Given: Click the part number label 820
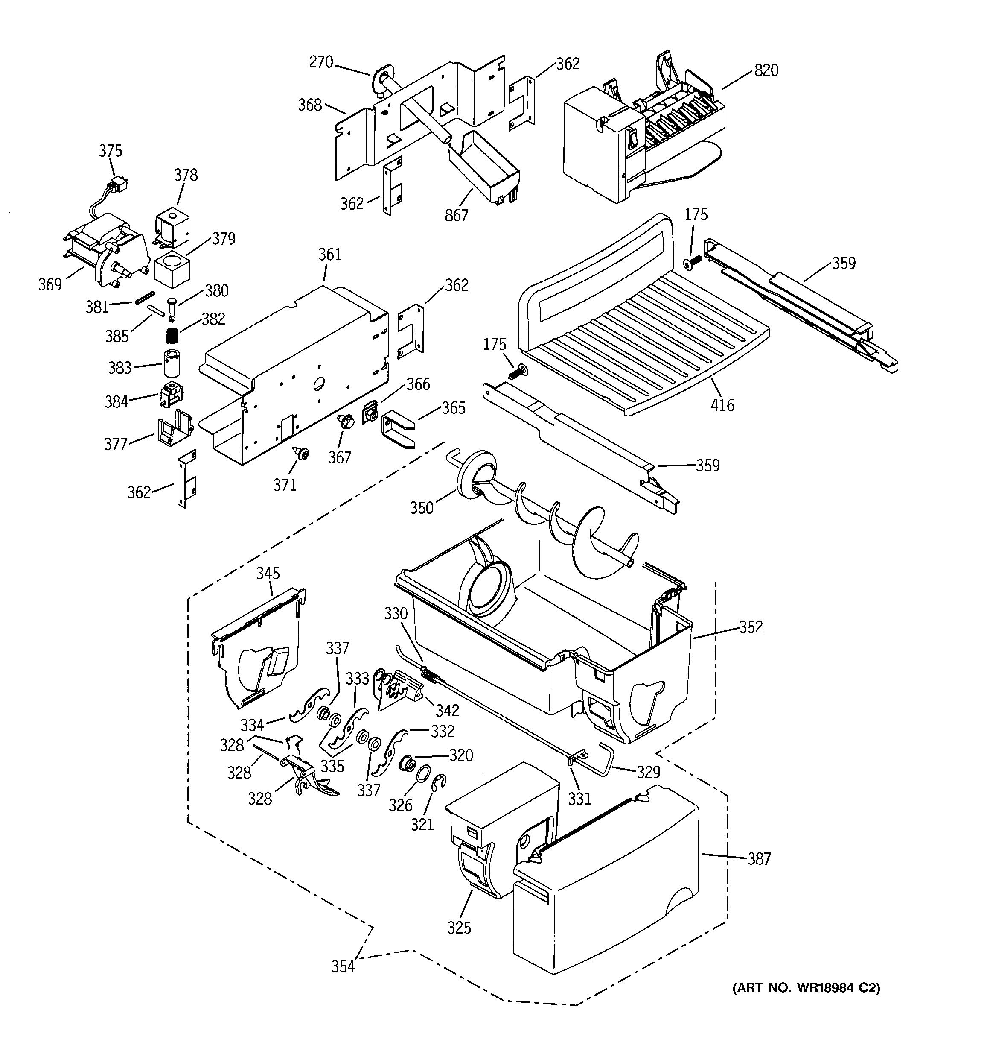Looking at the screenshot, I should point(766,70).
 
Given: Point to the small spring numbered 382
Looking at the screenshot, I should point(172,336).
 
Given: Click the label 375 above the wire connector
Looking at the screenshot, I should point(110,151).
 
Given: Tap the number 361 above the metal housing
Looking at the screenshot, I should point(329,254).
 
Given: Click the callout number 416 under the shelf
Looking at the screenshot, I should point(722,405).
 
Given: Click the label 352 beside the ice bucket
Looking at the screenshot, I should point(750,627).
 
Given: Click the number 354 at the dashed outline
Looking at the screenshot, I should point(343,966).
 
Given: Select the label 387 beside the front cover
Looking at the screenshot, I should point(759,859).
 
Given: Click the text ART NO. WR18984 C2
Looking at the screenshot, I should point(806,988).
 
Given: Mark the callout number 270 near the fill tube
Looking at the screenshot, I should point(321,62).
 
